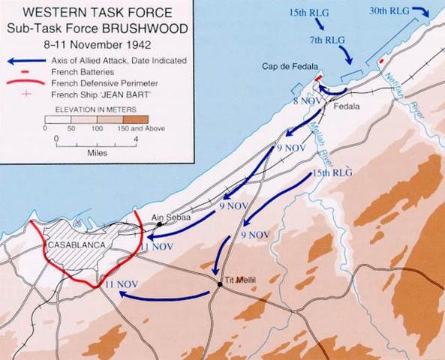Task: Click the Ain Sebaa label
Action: pos(167,217)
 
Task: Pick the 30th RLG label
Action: pos(389,10)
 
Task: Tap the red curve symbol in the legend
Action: pos(23,83)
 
